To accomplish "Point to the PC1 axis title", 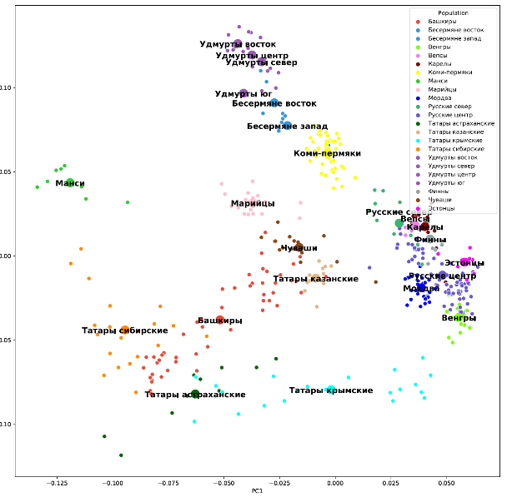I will (x=257, y=491).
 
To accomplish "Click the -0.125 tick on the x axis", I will (x=58, y=482).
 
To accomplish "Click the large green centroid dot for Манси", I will (x=70, y=182).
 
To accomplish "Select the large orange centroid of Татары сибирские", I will (x=125, y=331).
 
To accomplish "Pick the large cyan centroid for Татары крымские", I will (x=331, y=390).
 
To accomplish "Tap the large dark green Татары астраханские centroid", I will (x=195, y=394).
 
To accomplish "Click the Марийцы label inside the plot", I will (x=253, y=203).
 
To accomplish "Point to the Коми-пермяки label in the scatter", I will (x=327, y=153).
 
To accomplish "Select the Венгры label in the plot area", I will (x=459, y=317).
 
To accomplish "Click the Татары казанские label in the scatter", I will (x=315, y=278).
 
